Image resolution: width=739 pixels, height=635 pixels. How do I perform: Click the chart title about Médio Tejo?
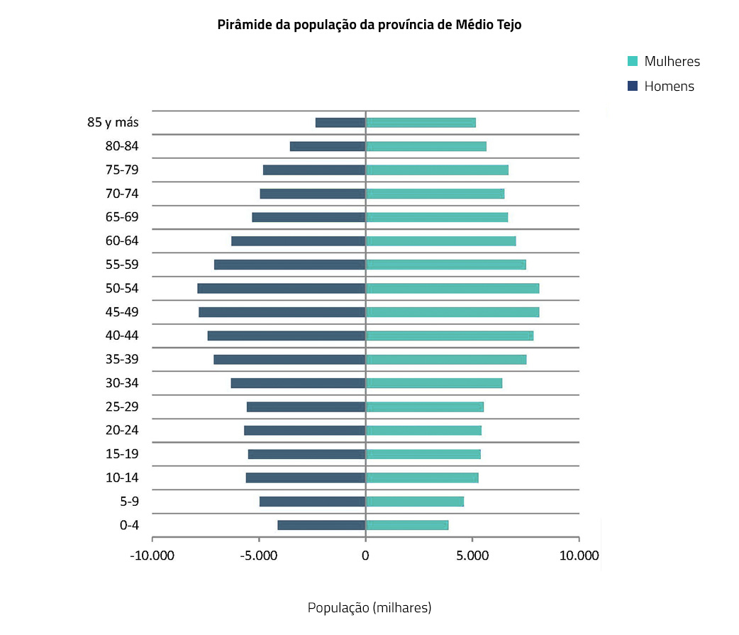coord(369,25)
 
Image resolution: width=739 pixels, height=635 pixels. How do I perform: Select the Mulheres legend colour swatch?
coord(633,61)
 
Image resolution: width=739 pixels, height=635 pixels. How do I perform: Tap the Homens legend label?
coord(669,87)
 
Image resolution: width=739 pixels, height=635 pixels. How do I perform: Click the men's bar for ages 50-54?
coord(282,288)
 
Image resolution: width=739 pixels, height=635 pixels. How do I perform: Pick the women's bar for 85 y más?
coord(421,123)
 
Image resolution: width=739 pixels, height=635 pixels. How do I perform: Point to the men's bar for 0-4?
coord(321,525)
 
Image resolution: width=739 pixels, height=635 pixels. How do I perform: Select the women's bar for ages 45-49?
coord(452,312)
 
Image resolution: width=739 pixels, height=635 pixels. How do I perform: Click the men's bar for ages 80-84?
coord(328,146)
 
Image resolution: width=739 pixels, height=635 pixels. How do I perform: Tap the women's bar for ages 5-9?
coord(415,502)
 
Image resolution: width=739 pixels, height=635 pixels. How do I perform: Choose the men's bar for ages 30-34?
coord(298,383)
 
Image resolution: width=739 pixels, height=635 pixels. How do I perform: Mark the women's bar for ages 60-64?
coord(440,241)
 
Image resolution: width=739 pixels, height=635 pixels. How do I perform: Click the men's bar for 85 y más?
coord(340,123)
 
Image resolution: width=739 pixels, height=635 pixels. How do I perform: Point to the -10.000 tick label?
coord(152,556)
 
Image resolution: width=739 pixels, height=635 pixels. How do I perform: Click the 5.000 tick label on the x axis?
coord(472,556)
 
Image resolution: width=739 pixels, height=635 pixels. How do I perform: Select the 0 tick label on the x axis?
coord(365,556)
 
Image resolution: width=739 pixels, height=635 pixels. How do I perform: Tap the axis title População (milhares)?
coord(369,608)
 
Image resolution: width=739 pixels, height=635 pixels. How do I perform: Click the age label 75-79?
coord(122,170)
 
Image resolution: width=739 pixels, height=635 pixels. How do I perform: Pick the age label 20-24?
coord(122,430)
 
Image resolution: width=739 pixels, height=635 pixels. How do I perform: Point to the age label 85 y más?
coord(113,122)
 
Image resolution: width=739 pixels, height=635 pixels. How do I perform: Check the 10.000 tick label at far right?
coord(579,556)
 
